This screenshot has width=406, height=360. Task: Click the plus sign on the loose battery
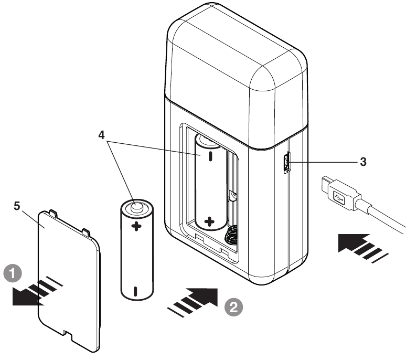click(x=136, y=226)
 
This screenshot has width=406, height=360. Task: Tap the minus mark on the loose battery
click(x=135, y=290)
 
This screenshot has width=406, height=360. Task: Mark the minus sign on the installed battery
click(x=210, y=156)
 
